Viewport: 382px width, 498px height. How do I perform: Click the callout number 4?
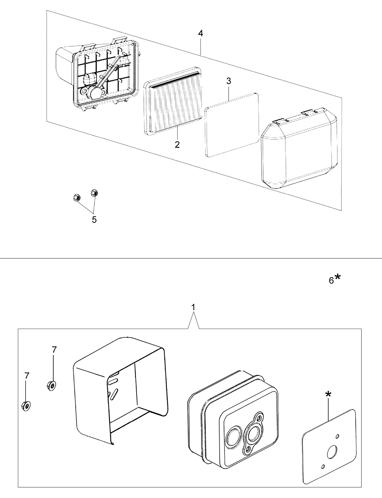(x=200, y=34)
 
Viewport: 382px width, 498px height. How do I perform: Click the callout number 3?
(x=229, y=81)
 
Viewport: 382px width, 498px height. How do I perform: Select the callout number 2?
(x=177, y=145)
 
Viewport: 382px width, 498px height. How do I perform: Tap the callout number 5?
(x=94, y=219)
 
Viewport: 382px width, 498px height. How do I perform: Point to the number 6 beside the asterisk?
(x=331, y=280)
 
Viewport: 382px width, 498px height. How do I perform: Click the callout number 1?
(x=193, y=307)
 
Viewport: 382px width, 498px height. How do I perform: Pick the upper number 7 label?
(x=54, y=350)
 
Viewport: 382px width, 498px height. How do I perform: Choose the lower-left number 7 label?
(x=27, y=376)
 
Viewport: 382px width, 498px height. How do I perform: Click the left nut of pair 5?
(x=77, y=197)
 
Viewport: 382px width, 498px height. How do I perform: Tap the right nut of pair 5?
(x=94, y=192)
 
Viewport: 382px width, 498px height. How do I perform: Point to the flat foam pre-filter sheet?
(x=231, y=125)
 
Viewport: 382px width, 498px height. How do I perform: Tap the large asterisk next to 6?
(x=338, y=277)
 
